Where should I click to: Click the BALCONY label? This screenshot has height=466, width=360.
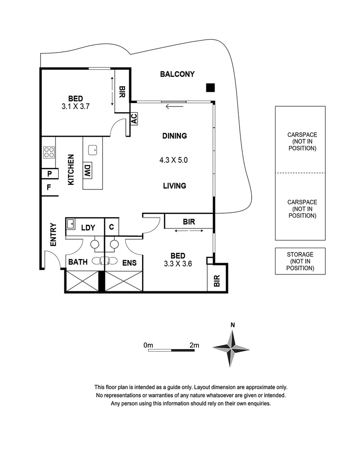point(177,74)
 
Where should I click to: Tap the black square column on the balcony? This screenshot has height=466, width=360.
point(211,88)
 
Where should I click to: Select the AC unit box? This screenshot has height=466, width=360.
point(134,119)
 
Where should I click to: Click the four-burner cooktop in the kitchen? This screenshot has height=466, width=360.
point(49,152)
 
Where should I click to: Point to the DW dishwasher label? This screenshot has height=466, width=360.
point(87,170)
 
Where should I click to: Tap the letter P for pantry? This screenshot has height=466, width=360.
point(50,173)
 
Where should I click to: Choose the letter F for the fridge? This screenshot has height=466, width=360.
point(49,187)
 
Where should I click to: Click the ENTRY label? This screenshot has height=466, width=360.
point(53,234)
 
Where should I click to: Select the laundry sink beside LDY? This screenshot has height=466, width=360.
point(70,224)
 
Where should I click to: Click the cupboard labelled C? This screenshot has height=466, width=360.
point(111,227)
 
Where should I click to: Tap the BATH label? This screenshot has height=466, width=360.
point(78,262)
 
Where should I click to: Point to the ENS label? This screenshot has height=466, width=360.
point(129,263)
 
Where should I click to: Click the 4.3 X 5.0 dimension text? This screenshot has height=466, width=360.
point(174,160)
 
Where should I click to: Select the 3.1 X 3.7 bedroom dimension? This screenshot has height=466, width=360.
point(76,107)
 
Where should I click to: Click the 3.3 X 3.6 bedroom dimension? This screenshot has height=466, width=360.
point(178,264)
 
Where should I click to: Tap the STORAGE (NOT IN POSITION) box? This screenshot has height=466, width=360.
point(300,261)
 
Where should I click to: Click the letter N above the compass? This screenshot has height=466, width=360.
point(233,325)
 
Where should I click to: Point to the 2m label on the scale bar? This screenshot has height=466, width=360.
point(194,345)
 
